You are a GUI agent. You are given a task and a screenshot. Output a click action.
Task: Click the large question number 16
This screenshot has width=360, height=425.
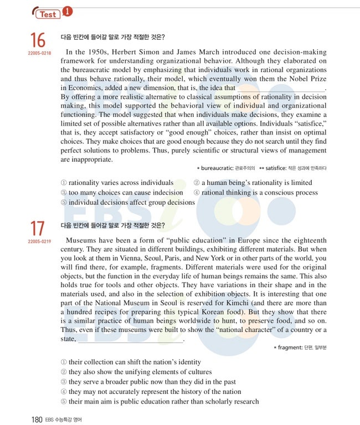(38, 40)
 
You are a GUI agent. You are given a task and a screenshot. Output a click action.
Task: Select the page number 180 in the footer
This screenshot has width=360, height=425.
(37, 419)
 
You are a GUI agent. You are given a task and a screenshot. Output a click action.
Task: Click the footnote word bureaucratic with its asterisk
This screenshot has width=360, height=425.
(216, 168)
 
